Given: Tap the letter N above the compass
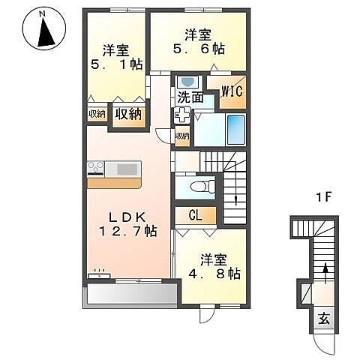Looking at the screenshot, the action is point(43,14).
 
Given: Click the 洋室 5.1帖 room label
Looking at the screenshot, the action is point(116,58).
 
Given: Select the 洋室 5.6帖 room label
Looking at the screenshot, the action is point(199,42).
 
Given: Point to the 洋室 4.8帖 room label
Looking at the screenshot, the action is point(214,266).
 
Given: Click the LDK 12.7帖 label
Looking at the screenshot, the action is point(127,224).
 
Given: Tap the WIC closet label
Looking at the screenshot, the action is point(232,91).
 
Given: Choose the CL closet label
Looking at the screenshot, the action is point(196,215).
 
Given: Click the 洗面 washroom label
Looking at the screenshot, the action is point(190,97).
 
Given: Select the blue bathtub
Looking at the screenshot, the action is point(235,130).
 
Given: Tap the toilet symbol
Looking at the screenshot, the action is point(202,186).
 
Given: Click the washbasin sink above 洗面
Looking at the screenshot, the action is point(188,82).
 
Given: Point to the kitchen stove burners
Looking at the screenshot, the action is point(95,166).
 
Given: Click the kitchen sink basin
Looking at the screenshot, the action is point(127,169).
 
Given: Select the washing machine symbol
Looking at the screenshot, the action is point(182,115).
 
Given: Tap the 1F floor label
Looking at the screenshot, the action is point(323,198).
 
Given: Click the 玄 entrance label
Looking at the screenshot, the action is point(324,319).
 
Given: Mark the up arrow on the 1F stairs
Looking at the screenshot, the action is point(325,273).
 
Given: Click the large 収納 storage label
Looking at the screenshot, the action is point(128,115).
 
